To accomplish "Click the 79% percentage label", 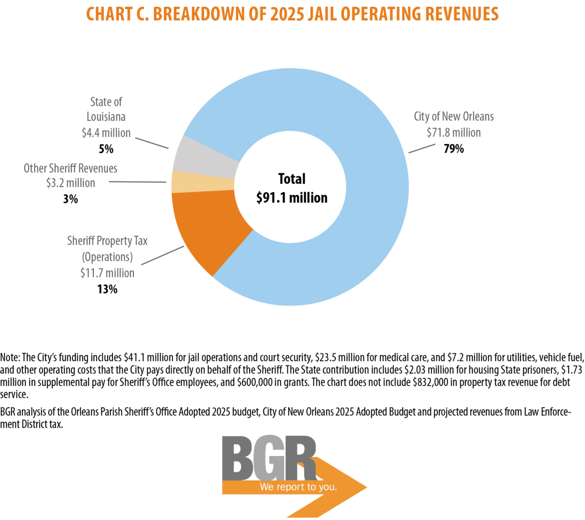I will pos(454,149).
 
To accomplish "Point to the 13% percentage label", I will pos(107,289).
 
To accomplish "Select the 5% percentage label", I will pos(106,149).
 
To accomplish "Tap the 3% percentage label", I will pos(70,199).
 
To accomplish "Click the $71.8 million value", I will pos(454,132).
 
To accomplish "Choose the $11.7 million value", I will pos(107,273).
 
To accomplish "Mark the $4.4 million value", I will pos(106,132).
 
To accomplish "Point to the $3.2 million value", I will pos(71,183).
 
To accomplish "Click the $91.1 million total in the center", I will pos(292,197).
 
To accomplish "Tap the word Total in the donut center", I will pos(292,179).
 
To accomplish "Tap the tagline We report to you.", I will pos(298,487).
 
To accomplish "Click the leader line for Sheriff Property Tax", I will pos(163,255).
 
